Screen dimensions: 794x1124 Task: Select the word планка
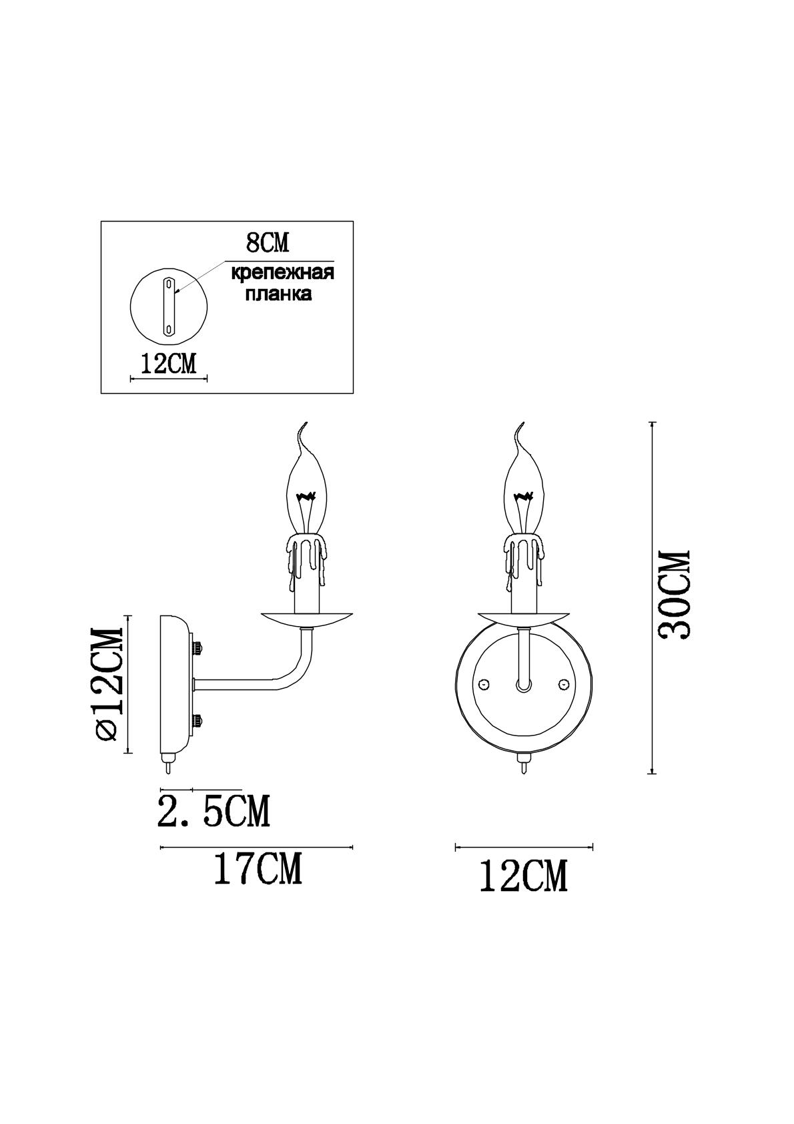pyautogui.click(x=278, y=294)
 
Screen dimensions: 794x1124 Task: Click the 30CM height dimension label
pyautogui.click(x=675, y=595)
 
